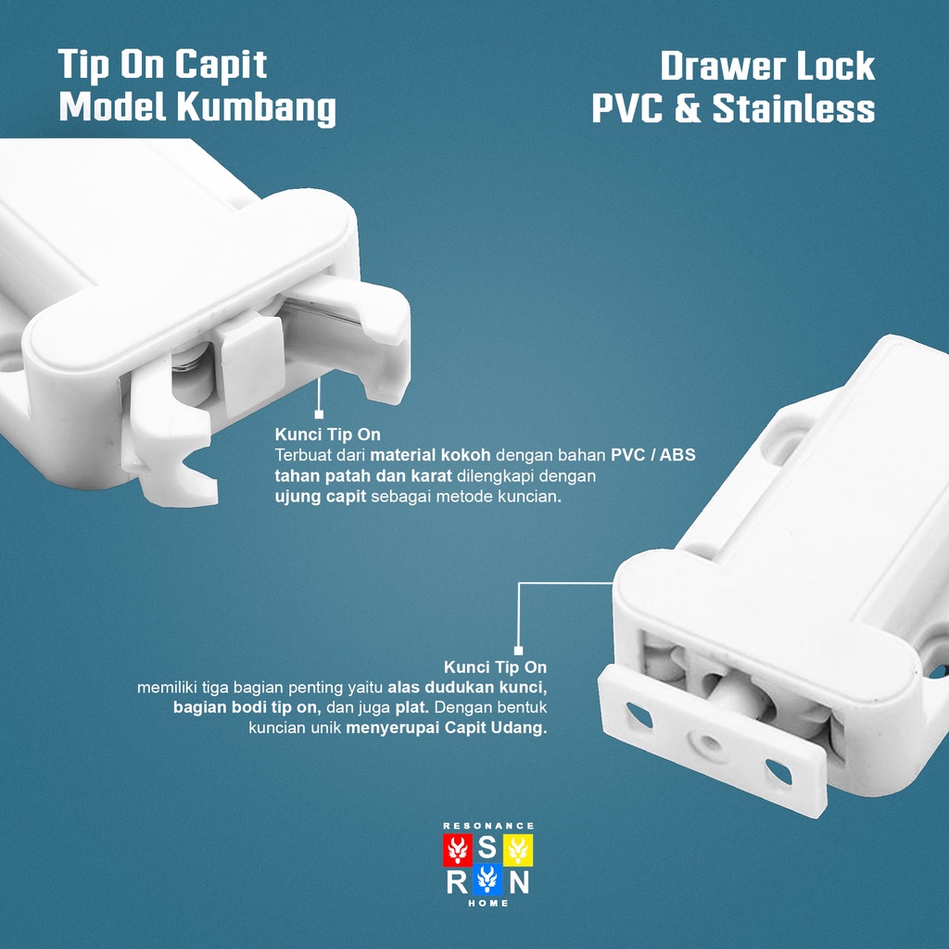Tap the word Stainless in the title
(793, 109)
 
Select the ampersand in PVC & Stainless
(687, 109)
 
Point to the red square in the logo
(458, 850)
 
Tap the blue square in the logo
(487, 879)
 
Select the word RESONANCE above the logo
(488, 826)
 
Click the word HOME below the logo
(488, 903)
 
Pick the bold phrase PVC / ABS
(653, 455)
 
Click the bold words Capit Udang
(496, 727)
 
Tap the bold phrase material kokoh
(430, 455)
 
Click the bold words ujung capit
(321, 497)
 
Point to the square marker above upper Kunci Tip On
(319, 414)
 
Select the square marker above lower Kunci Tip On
(518, 651)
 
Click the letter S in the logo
(487, 849)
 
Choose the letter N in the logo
(519, 882)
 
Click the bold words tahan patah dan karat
(363, 475)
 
